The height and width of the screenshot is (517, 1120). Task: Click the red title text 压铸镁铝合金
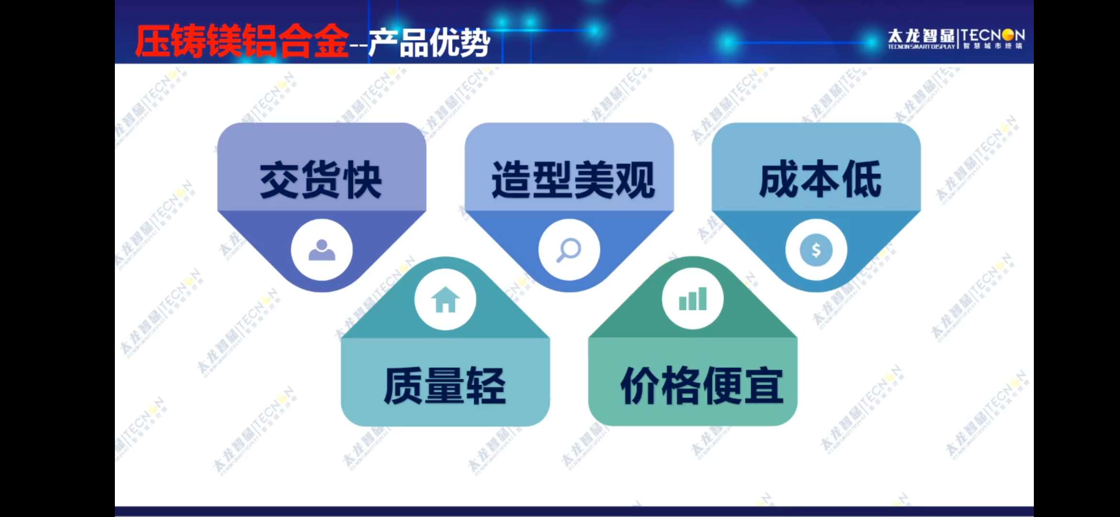[x=242, y=41]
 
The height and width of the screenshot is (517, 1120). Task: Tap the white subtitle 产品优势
[x=429, y=43]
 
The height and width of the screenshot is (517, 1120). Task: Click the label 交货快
[x=321, y=180]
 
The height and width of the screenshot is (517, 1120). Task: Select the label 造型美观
[x=573, y=180]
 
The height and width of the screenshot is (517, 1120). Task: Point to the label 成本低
[x=820, y=179]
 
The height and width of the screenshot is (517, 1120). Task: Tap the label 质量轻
[x=445, y=386]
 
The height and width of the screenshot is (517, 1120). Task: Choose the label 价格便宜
[x=702, y=386]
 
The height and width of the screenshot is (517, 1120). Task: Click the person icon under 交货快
[x=322, y=250]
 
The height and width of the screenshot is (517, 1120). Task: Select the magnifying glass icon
[x=569, y=250]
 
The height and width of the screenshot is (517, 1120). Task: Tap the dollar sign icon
[x=816, y=250]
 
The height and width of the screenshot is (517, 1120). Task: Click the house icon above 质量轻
[x=445, y=300]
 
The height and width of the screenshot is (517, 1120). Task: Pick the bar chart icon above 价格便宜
[x=693, y=299]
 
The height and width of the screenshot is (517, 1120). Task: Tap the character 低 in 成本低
[x=862, y=179]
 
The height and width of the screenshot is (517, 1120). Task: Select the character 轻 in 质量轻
[x=486, y=386]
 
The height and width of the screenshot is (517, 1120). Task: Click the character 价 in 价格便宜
[x=640, y=386]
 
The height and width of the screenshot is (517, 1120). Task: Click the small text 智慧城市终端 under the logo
[x=993, y=46]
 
